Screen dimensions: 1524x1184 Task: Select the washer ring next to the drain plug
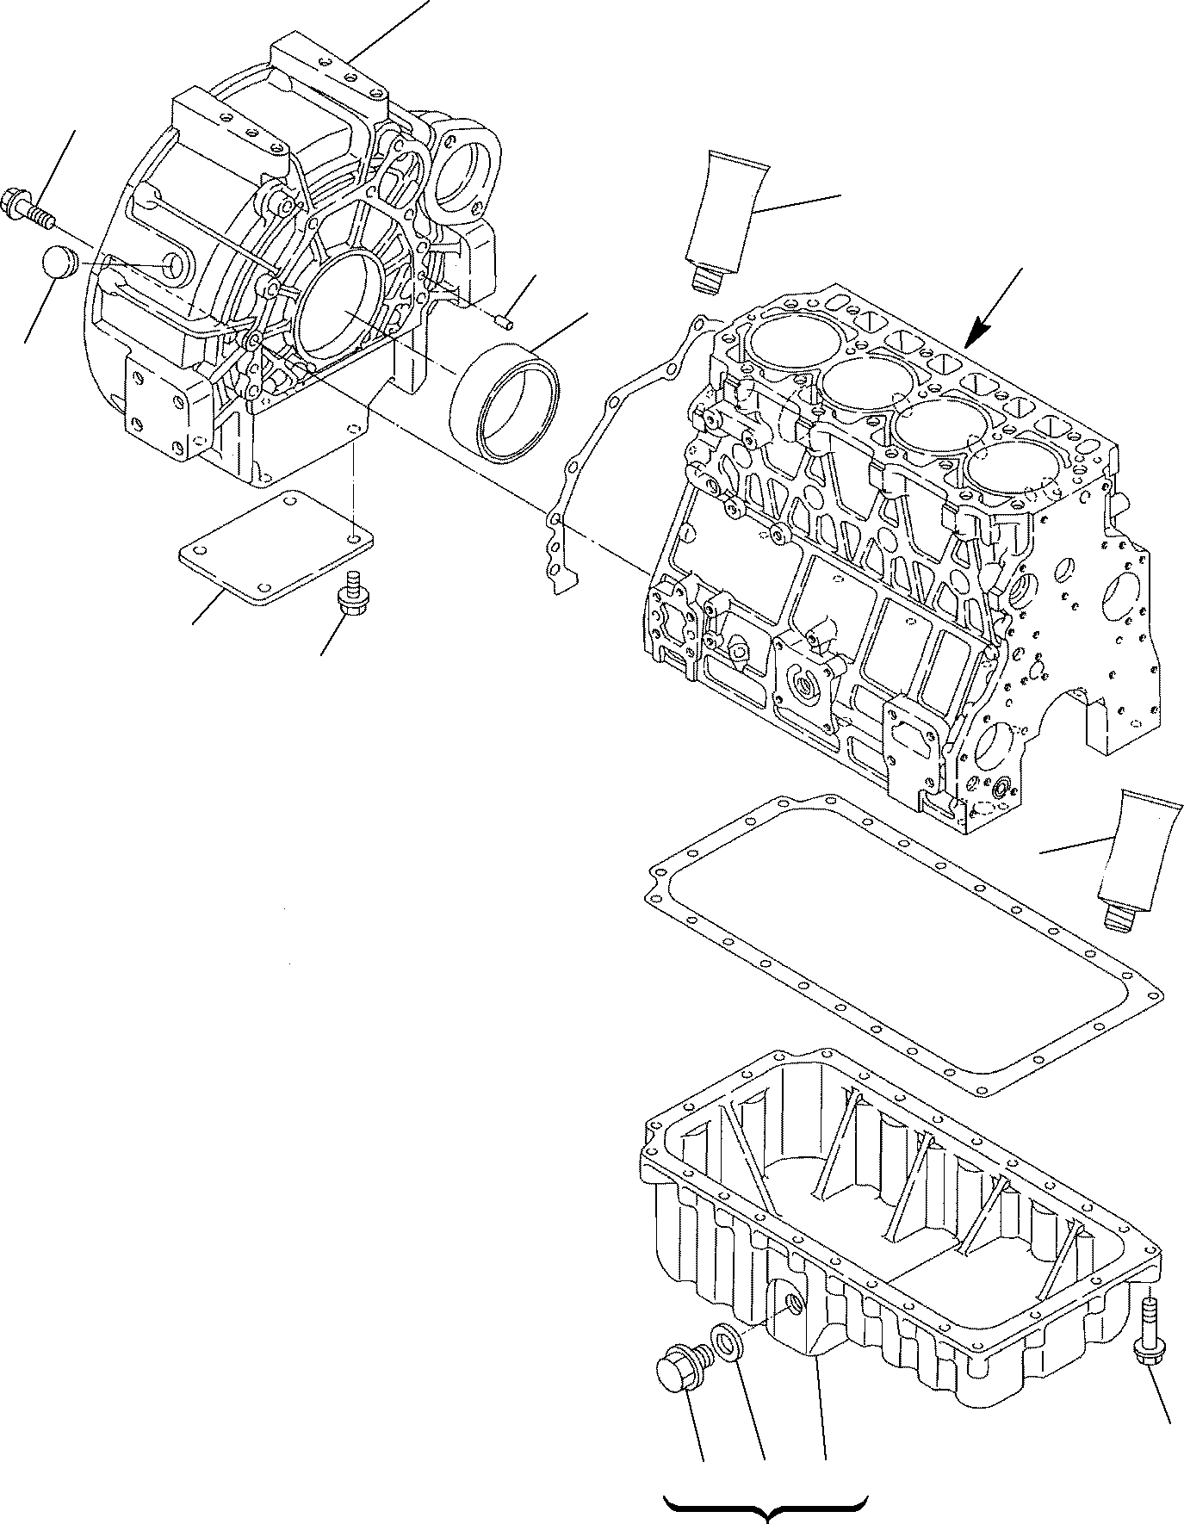(724, 1364)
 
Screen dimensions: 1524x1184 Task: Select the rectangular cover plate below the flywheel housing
(276, 547)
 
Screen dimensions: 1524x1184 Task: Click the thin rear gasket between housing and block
(603, 448)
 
